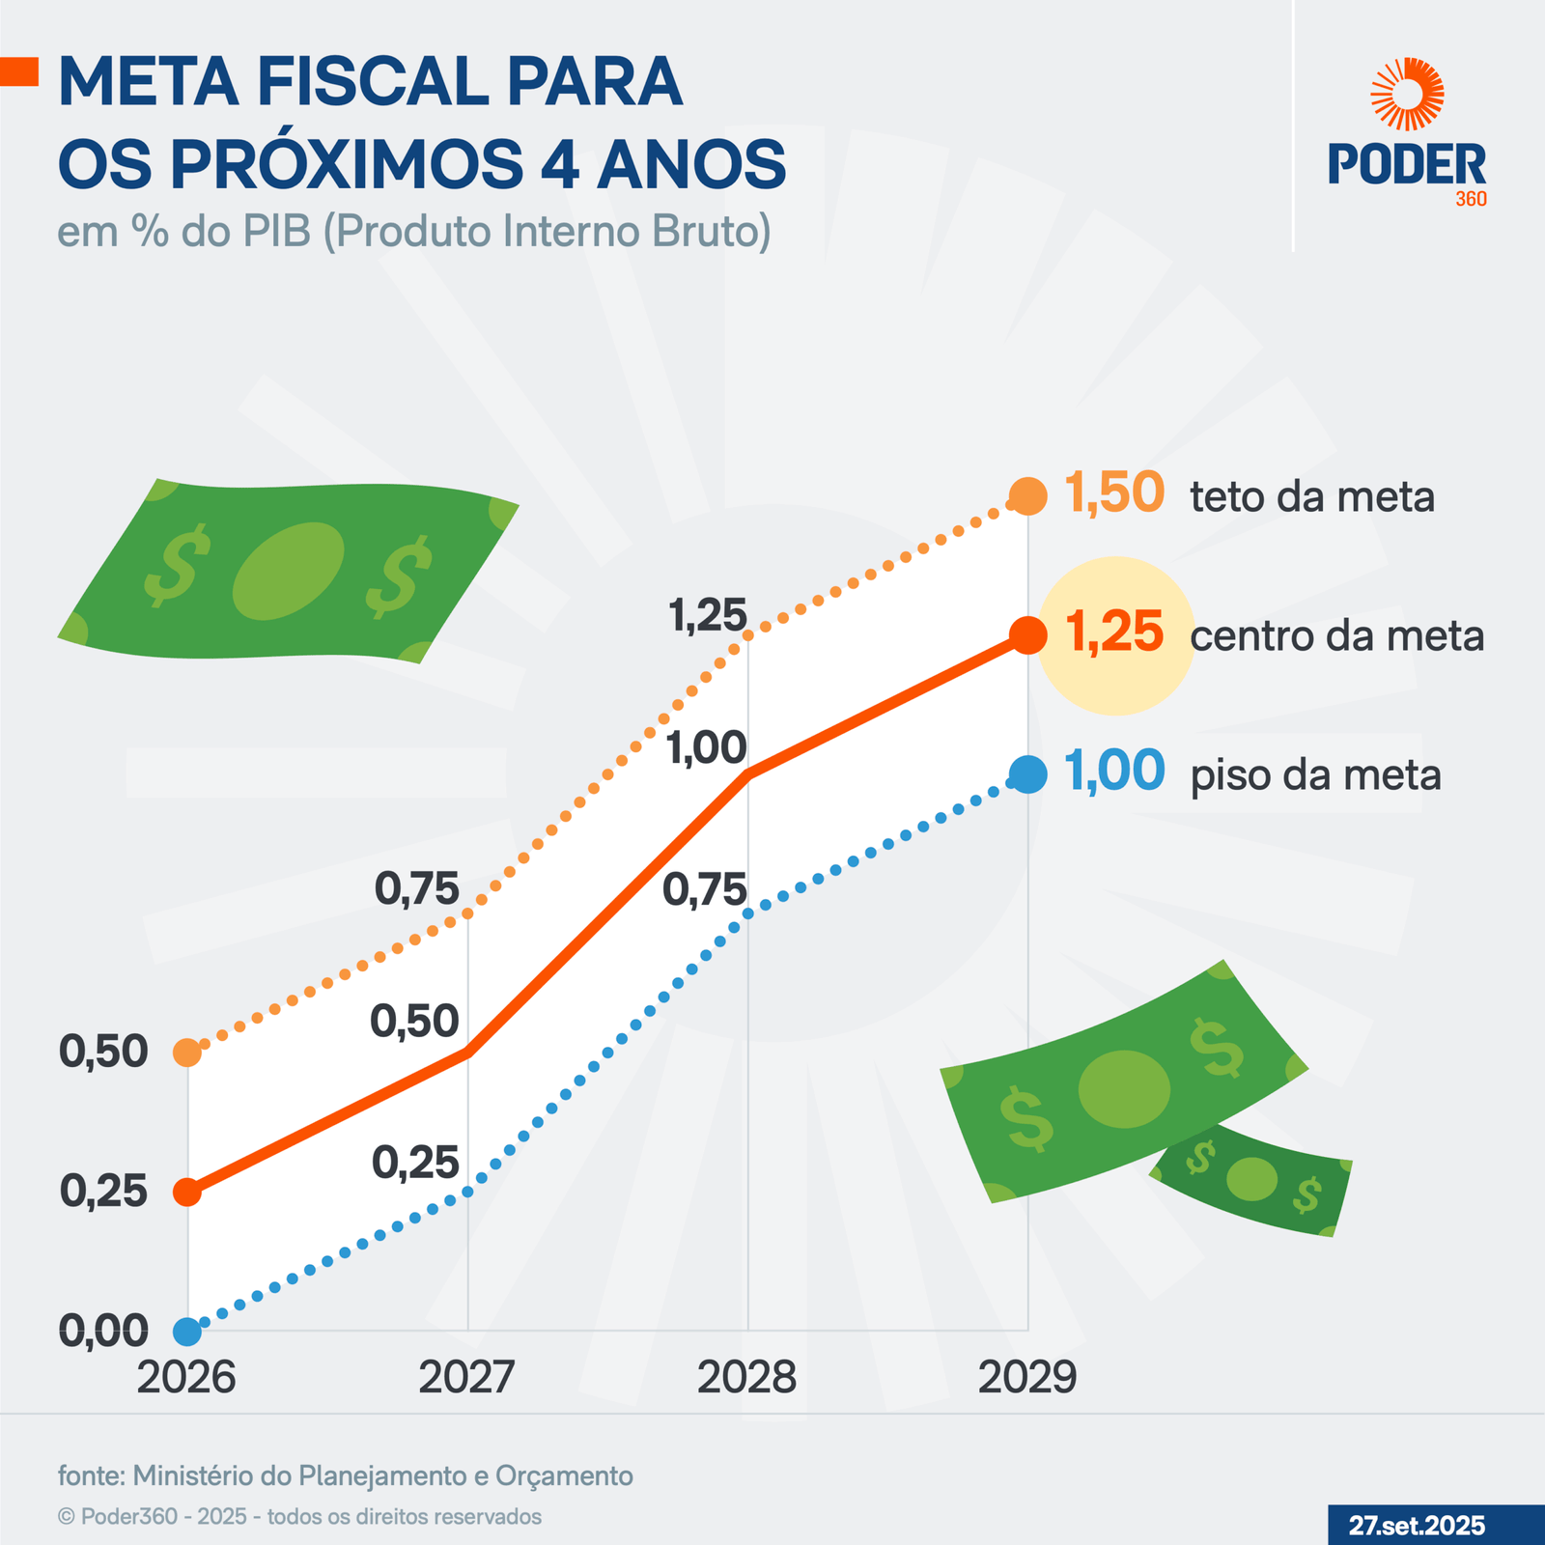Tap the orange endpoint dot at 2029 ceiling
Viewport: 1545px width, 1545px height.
click(x=1027, y=496)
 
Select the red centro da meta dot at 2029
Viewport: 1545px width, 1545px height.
click(x=1027, y=635)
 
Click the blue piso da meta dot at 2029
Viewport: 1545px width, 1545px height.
click(x=1027, y=774)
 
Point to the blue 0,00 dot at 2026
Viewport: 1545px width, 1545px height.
click(x=186, y=1332)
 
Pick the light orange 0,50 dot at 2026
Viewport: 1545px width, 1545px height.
click(x=186, y=1053)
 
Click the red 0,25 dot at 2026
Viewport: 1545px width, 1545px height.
click(x=186, y=1192)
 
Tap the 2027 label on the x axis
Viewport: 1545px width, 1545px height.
click(x=467, y=1377)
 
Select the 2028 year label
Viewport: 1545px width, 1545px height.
click(x=746, y=1377)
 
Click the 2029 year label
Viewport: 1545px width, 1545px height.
click(x=1027, y=1377)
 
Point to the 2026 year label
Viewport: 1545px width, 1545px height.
click(x=186, y=1377)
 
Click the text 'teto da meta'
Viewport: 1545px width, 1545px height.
click(x=1312, y=497)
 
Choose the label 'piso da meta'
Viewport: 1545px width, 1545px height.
click(x=1315, y=775)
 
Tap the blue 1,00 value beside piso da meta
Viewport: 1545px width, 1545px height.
click(x=1114, y=772)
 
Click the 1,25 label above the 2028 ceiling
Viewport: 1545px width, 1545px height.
click(x=709, y=616)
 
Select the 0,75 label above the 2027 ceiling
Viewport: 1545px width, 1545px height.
click(x=417, y=889)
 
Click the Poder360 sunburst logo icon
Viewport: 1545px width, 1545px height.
click(x=1408, y=94)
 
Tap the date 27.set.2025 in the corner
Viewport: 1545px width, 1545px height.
click(x=1417, y=1526)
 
